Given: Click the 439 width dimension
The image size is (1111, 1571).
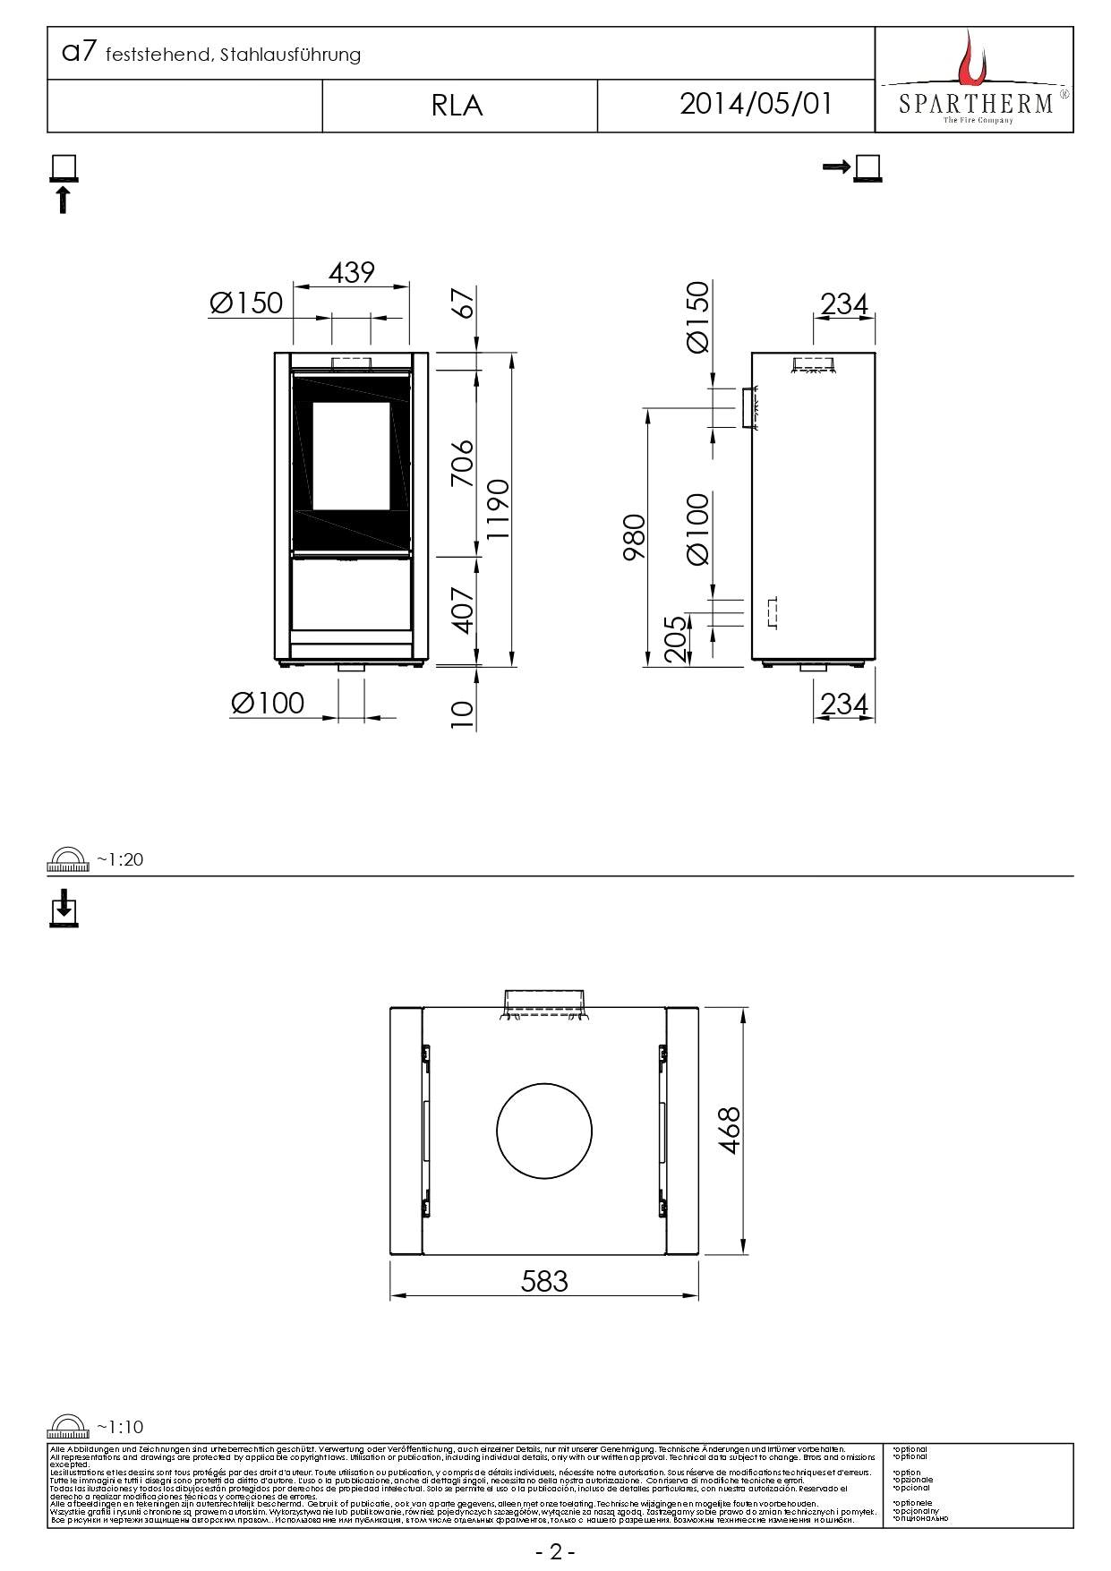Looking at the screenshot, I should click(351, 272).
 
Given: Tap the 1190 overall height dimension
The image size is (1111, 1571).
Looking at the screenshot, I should click(498, 508).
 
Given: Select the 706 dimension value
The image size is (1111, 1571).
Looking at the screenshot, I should click(462, 463).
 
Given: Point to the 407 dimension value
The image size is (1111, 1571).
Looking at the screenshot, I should click(462, 610).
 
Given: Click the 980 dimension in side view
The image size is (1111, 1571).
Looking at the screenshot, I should click(634, 537).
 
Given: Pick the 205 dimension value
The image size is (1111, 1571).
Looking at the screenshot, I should click(677, 638).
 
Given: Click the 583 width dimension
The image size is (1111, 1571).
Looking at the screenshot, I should click(544, 1281).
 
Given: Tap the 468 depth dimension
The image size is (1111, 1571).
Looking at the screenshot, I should click(730, 1130).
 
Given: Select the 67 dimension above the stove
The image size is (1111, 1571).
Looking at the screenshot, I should click(462, 303).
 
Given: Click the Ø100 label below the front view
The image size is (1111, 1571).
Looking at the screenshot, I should click(267, 703).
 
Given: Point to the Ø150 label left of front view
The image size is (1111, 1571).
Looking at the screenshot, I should click(246, 303).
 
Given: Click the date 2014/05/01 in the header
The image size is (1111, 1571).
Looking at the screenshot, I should click(756, 104).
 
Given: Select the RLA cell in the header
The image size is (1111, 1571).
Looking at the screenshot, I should click(457, 106).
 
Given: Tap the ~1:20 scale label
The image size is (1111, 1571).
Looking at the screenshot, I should click(120, 859).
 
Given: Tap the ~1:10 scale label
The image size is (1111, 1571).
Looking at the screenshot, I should click(120, 1427).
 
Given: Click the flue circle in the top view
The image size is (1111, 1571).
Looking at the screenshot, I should click(544, 1131).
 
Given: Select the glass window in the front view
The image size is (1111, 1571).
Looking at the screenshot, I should click(351, 455).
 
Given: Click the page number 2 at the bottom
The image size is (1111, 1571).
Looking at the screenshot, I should click(555, 1551).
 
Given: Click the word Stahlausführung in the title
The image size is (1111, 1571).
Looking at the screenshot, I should click(290, 55).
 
